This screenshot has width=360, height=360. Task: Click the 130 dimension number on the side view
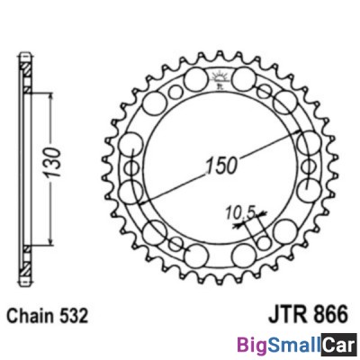(x=55, y=158)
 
